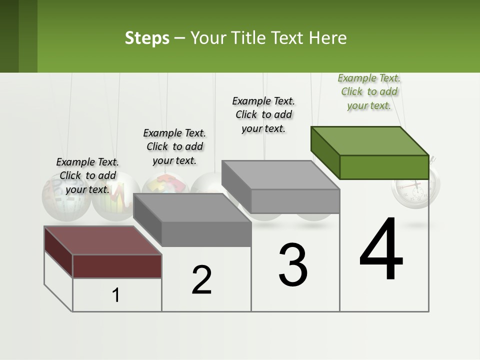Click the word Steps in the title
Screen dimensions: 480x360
coord(147,38)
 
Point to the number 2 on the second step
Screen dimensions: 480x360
coord(202,280)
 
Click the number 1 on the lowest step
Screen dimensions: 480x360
coord(116,295)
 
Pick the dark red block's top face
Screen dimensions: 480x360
coord(102,240)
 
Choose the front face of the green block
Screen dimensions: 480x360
coord(384,167)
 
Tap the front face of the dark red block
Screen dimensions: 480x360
coord(117,266)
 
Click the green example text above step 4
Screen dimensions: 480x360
coord(369,91)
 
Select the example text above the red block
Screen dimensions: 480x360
coord(87,175)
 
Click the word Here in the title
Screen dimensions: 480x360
coord(327,38)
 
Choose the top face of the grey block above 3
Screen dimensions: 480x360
coord(280,175)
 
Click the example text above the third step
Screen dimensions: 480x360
coord(263,114)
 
